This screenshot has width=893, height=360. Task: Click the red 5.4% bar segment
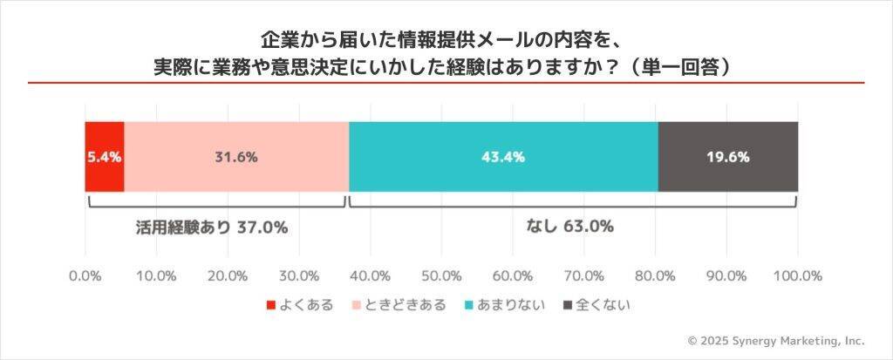click(x=104, y=157)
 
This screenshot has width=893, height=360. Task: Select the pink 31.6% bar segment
click(x=236, y=157)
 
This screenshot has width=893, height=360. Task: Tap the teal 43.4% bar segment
click(x=503, y=157)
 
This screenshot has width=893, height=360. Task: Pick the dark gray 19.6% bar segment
click(x=728, y=157)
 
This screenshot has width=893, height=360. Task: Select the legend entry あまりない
click(x=505, y=305)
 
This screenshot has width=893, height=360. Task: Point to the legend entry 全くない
click(x=598, y=305)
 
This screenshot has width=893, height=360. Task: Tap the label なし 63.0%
click(x=570, y=226)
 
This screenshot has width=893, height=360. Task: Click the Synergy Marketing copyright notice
click(x=776, y=341)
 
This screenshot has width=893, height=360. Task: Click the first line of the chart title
click(x=446, y=40)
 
